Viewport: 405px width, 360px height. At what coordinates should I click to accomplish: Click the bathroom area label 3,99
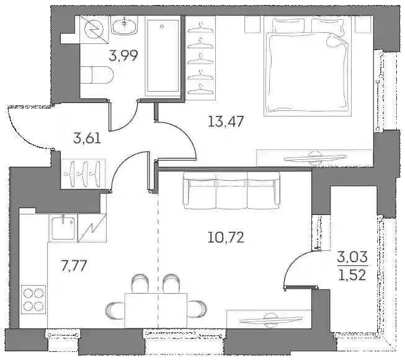[x=123, y=55]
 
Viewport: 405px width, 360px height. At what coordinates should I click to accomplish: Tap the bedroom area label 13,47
[x=226, y=121]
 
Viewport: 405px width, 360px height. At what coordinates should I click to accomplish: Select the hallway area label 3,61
[x=87, y=139]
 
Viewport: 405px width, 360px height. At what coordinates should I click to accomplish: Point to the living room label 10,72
[x=226, y=237]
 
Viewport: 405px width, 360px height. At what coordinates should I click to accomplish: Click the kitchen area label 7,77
[x=73, y=266]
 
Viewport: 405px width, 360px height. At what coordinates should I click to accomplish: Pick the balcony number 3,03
[x=352, y=257]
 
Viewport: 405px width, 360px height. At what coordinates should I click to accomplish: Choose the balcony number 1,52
[x=352, y=275]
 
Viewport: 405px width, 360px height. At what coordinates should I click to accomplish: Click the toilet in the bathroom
[x=97, y=75]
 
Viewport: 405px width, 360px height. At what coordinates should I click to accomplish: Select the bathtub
[x=162, y=56]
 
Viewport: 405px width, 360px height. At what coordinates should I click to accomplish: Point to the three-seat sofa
[x=232, y=191]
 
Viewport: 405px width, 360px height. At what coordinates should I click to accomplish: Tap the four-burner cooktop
[x=33, y=299]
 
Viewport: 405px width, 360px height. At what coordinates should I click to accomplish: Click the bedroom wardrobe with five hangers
[x=201, y=58]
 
